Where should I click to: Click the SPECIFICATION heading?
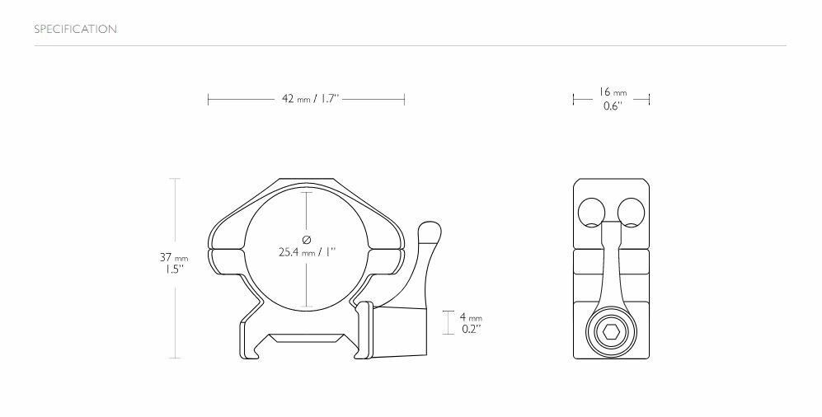pyautogui.click(x=75, y=30)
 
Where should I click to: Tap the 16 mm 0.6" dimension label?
pyautogui.click(x=613, y=99)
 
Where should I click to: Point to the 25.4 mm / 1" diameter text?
pyautogui.click(x=307, y=251)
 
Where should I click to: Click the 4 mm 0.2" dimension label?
pyautogui.click(x=470, y=322)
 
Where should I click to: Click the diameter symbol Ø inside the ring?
pyautogui.click(x=307, y=239)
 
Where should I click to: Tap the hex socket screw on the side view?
pyautogui.click(x=611, y=333)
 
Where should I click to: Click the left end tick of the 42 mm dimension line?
pyautogui.click(x=209, y=99)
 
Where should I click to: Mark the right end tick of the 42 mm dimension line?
pyautogui.click(x=404, y=99)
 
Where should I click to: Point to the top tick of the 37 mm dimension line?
pyautogui.click(x=174, y=178)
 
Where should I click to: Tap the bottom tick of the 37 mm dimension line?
pyautogui.click(x=174, y=358)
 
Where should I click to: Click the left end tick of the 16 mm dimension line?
pyautogui.click(x=574, y=99)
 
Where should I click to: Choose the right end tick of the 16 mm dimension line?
pyautogui.click(x=650, y=99)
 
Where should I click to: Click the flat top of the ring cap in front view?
pyautogui.click(x=306, y=179)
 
